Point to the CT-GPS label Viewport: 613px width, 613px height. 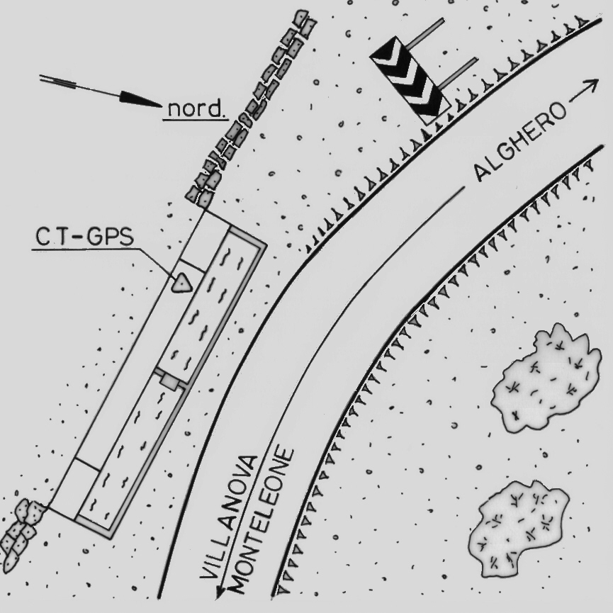tap(84, 237)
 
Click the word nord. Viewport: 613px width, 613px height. tap(196, 109)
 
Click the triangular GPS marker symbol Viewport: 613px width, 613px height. tap(183, 282)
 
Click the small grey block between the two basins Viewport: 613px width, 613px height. tap(169, 381)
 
